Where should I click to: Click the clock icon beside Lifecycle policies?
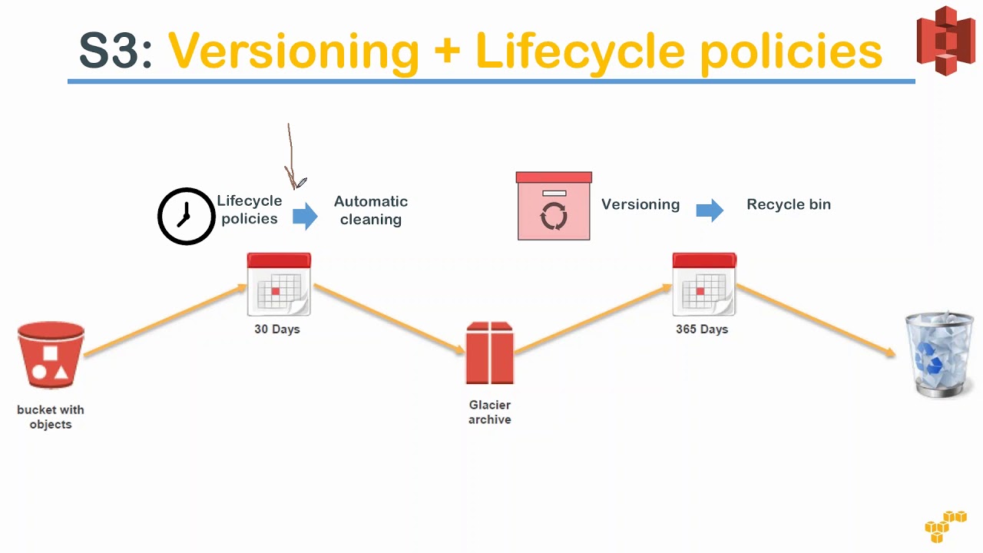coord(186,217)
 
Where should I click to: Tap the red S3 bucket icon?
coord(51,356)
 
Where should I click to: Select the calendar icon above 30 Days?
coord(279,284)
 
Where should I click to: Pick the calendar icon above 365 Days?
coord(704,284)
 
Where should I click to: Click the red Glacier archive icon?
coord(490,353)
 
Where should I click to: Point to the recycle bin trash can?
coord(939,354)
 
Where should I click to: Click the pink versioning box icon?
coord(554,206)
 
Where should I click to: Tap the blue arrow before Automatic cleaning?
coord(305,216)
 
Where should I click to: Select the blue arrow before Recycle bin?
coord(710,210)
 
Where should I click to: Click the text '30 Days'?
coord(277,329)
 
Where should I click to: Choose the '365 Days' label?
coord(702,329)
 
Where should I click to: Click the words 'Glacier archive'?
coord(490,412)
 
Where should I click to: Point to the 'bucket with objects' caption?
coord(51,417)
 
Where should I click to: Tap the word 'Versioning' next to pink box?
coord(640,204)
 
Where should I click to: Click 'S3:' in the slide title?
coord(116,51)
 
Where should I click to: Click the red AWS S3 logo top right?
coord(945,40)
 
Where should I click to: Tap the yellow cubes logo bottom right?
coord(945,526)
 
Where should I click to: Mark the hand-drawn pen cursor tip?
coord(296,187)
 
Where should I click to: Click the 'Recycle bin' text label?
coord(789,204)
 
